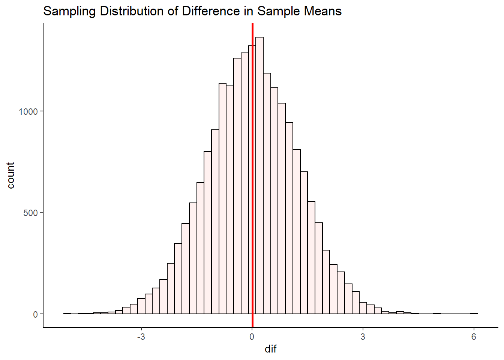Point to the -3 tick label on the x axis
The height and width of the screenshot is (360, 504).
tap(141, 337)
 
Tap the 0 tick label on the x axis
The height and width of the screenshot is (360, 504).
tap(252, 337)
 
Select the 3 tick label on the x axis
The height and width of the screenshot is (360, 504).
tap(363, 337)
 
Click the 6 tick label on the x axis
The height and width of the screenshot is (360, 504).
tap(474, 337)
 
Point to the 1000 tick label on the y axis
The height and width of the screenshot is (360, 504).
tap(28, 112)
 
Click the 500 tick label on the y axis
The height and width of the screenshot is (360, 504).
tap(30, 213)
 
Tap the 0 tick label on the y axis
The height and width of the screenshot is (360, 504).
tap(35, 314)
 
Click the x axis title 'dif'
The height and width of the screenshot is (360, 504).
tap(270, 349)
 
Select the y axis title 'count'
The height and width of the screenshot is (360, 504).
tap(10, 175)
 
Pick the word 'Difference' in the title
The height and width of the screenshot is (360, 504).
tap(211, 11)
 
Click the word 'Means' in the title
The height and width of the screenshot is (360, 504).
tap(323, 11)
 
